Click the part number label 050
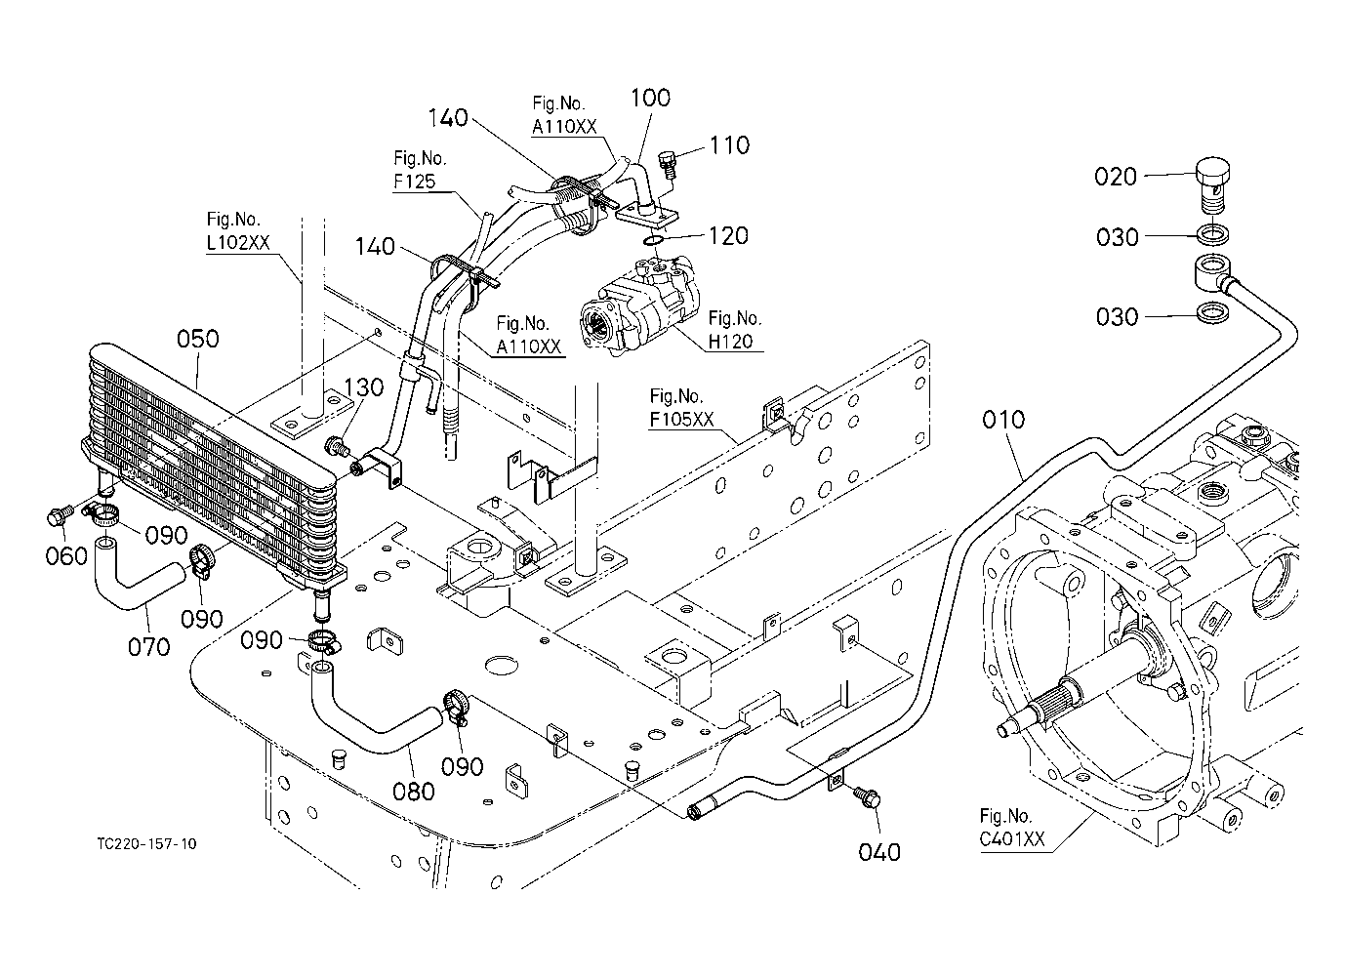click(198, 340)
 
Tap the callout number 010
click(1002, 420)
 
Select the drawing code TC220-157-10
click(146, 844)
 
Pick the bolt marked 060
click(59, 516)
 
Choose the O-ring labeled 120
click(653, 241)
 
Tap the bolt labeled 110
click(669, 163)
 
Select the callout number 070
click(149, 647)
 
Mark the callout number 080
click(414, 792)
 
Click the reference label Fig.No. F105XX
click(681, 407)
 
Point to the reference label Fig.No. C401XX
click(1012, 828)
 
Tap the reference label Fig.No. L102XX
click(238, 230)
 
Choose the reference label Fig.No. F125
click(420, 170)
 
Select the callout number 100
click(650, 98)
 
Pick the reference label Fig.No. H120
click(734, 329)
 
